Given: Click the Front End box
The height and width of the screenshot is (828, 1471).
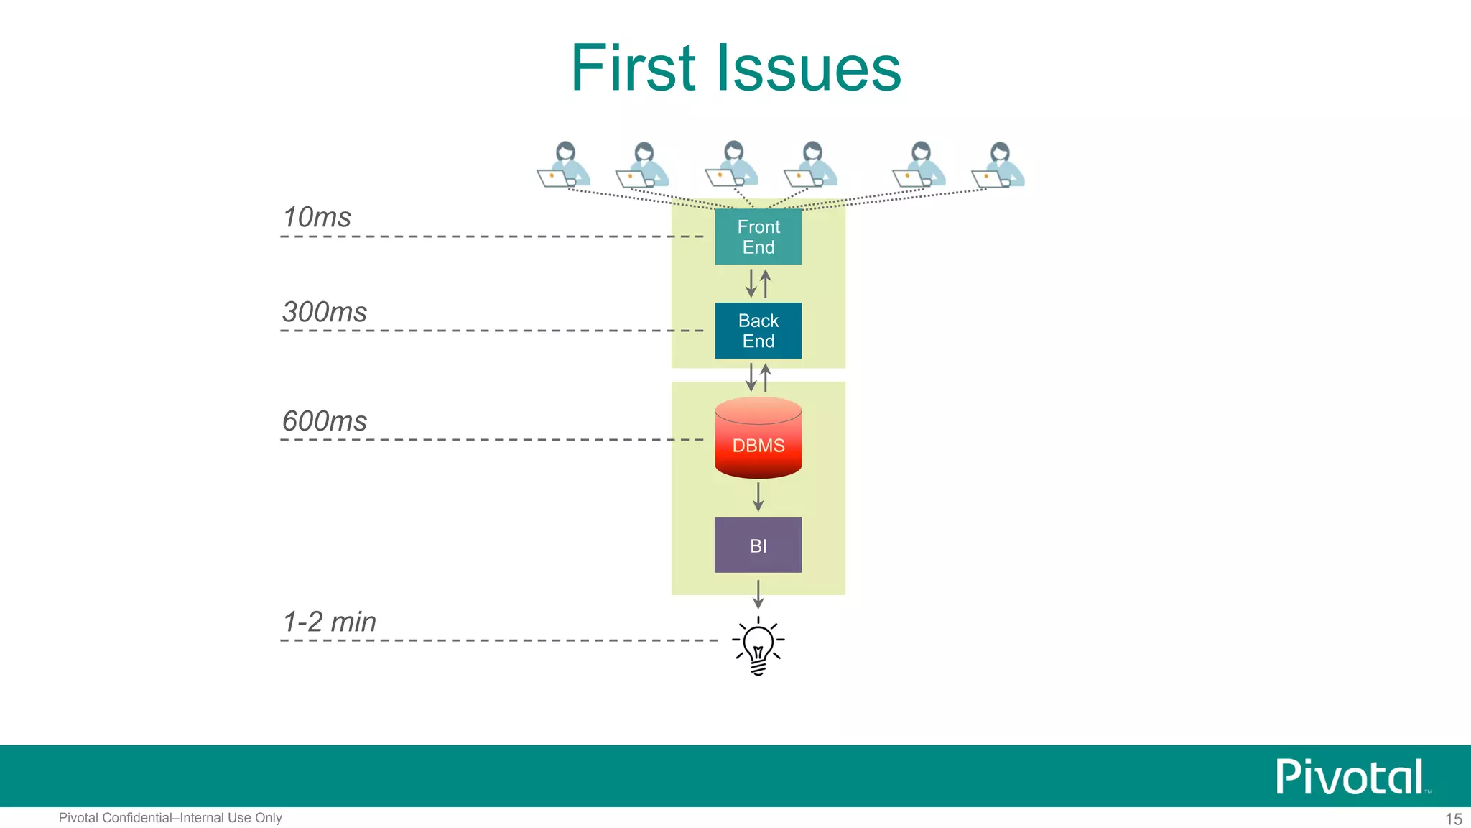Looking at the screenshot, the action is tap(758, 236).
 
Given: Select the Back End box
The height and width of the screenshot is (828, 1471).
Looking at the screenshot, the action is tap(758, 331).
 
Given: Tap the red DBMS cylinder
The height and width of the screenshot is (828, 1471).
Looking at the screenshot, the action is tap(758, 439).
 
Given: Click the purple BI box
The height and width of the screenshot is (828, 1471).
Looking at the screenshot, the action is tap(758, 545).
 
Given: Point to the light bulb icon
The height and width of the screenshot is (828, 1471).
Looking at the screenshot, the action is tap(758, 645).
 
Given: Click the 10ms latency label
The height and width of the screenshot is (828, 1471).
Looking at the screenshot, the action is tap(317, 218).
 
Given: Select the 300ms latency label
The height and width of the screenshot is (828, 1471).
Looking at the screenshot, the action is tap(325, 312).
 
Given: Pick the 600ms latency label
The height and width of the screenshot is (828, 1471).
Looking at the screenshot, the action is tap(325, 421).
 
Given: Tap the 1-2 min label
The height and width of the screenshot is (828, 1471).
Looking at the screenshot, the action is tap(330, 622).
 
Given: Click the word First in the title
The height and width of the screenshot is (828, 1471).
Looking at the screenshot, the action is tap(633, 68).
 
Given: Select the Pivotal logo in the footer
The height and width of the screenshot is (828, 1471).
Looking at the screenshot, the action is tap(1350, 777).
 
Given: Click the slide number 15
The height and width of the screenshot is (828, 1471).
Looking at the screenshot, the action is tap(1453, 819).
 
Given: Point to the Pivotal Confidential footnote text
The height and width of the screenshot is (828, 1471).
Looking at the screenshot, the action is tap(170, 818).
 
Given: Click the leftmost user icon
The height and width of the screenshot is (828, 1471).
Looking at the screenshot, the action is tap(565, 165).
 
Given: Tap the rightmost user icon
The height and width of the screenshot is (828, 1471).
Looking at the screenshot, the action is tap(998, 165).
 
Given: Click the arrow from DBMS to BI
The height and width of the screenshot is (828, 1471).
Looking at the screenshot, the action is tap(758, 497).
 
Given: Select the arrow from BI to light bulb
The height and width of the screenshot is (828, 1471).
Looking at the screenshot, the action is tap(758, 594).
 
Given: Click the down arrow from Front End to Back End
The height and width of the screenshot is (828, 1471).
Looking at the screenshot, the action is tap(751, 283).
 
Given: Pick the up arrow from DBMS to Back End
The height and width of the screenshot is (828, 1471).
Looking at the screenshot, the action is tap(766, 377).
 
